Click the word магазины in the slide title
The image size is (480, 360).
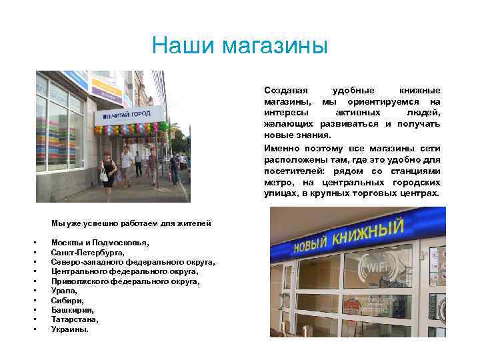pyautogui.click(x=275, y=47)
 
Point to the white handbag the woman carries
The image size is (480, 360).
pyautogui.click(x=103, y=176)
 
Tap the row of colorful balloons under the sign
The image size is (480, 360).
pyautogui.click(x=131, y=128)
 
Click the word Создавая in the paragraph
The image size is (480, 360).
pyautogui.click(x=285, y=90)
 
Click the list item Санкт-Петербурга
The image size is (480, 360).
pyautogui.click(x=87, y=253)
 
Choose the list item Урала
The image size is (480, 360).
pyautogui.click(x=64, y=291)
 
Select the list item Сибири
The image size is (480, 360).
pyautogui.click(x=66, y=300)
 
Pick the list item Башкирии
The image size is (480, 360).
pyautogui.click(x=70, y=309)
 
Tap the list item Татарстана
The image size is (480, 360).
pyautogui.click(x=74, y=319)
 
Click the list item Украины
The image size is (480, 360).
pyautogui.click(x=69, y=329)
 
